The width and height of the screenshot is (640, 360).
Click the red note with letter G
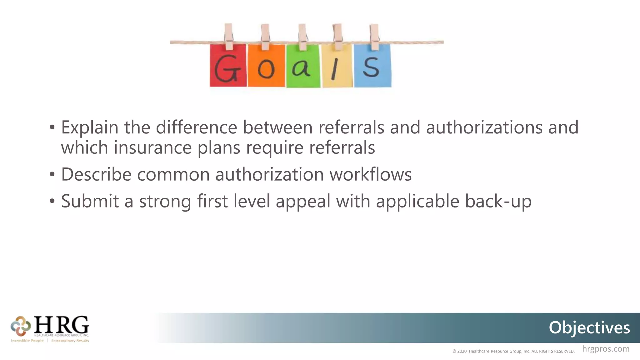click(228, 66)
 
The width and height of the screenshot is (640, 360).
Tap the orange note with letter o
click(266, 66)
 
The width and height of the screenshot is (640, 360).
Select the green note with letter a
click(303, 67)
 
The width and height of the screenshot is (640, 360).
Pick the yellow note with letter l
click(337, 67)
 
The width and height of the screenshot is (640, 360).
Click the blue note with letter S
click(372, 66)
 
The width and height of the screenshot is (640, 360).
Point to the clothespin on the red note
click(228, 36)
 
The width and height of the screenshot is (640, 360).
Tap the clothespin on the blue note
click(374, 37)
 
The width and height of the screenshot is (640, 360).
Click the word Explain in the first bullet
click(90, 127)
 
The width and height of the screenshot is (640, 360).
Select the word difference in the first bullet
click(196, 127)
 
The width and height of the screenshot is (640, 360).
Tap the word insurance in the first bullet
click(152, 147)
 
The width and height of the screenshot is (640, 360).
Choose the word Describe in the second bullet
click(96, 174)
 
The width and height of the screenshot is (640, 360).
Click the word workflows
click(371, 174)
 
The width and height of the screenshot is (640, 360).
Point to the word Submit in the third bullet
click(90, 201)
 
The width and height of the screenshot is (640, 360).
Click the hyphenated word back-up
click(498, 202)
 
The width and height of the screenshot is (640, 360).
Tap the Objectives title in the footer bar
click(589, 327)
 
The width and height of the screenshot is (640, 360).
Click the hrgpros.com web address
click(606, 349)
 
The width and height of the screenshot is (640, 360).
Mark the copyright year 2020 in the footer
click(462, 351)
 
